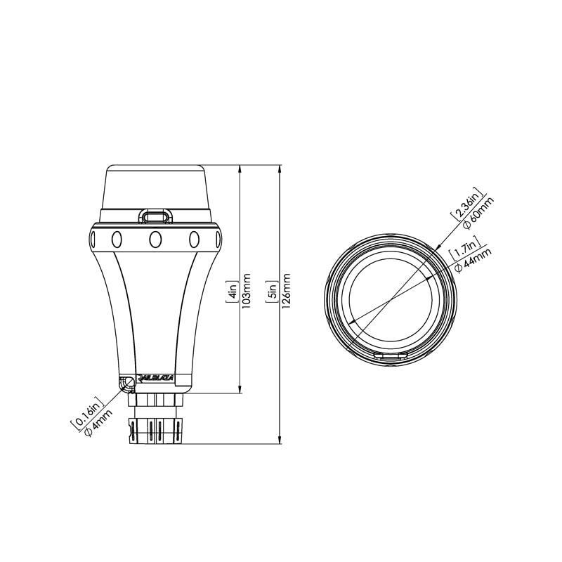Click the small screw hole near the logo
point(128,382)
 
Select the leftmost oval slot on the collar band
point(116,239)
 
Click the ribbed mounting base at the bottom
point(155,429)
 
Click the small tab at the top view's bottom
point(388,357)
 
